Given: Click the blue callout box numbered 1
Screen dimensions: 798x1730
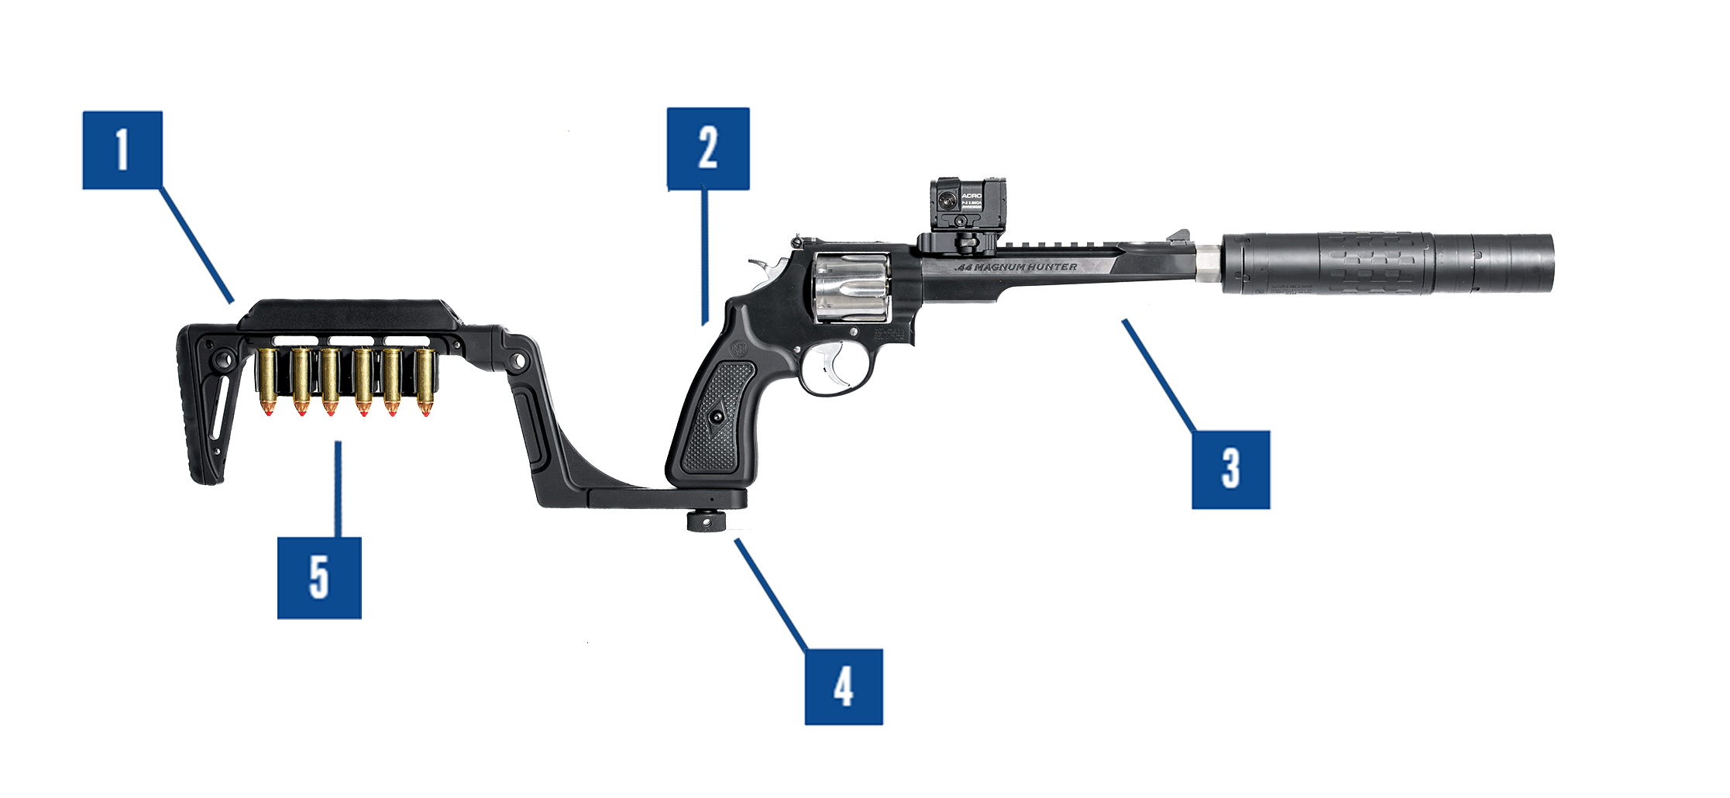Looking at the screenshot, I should coord(122,150).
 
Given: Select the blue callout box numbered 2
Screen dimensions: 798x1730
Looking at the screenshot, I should coord(708,148).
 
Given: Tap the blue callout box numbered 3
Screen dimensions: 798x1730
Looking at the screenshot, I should coord(1230,470).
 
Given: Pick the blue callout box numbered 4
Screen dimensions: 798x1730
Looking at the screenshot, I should coord(843,687).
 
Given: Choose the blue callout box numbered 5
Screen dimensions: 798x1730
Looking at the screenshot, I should coord(319,578).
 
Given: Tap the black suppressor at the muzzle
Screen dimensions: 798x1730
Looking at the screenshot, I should coord(1387,263).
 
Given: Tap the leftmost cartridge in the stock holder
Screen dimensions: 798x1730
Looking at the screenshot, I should coord(268,380).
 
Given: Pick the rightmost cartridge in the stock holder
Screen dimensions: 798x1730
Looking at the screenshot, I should coord(424,380).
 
